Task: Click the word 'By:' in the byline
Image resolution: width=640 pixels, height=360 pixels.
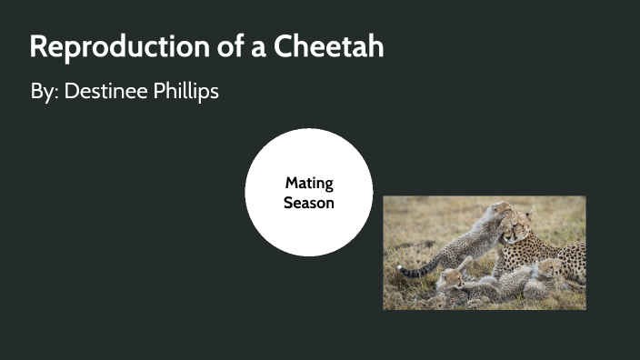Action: click(x=43, y=92)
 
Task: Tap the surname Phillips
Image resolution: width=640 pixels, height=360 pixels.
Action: click(x=186, y=92)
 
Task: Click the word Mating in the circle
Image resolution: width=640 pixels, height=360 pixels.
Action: click(x=309, y=184)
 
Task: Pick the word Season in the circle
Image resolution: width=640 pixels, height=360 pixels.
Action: click(x=309, y=203)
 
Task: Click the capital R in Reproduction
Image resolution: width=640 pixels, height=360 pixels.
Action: click(x=39, y=46)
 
